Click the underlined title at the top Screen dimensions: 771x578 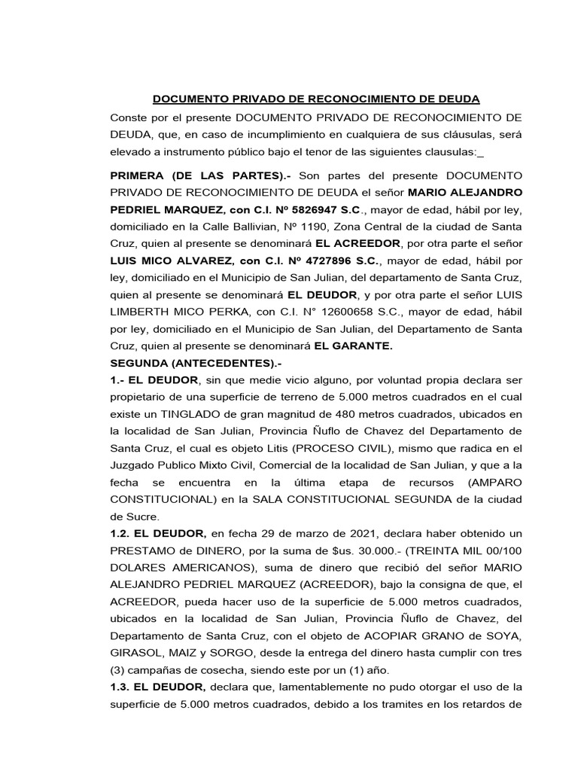(x=316, y=99)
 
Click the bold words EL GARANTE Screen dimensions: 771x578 (x=353, y=347)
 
